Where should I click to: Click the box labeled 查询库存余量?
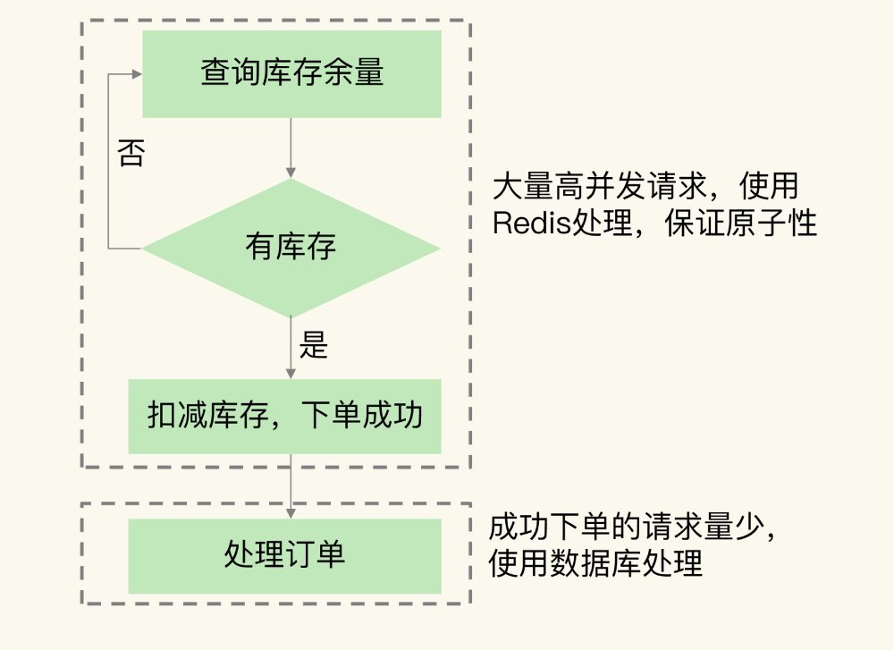291,73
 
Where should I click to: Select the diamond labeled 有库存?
291,248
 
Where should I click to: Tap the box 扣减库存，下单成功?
284,416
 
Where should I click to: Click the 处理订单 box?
284,555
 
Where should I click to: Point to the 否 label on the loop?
131,153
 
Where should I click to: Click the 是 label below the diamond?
314,346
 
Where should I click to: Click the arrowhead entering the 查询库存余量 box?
137,74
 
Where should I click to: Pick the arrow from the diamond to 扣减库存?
291,349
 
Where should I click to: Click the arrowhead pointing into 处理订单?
291,513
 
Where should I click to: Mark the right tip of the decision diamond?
438,249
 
